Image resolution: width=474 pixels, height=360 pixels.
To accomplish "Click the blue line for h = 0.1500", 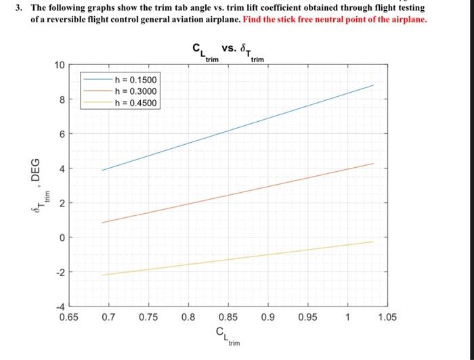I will click(237, 128).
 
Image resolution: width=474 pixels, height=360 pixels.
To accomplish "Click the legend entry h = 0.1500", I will click(136, 80).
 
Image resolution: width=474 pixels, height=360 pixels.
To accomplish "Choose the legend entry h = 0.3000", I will click(136, 91).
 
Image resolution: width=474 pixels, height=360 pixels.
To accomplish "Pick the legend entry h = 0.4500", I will click(136, 103).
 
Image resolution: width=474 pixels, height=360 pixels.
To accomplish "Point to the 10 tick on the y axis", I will click(59, 66).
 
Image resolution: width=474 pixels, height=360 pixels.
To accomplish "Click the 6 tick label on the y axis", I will click(61, 134).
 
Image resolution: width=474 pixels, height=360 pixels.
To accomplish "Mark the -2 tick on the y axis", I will click(59, 272).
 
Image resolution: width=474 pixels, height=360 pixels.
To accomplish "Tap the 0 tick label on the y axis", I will click(61, 238).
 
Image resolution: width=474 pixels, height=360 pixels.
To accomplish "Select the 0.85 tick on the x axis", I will click(228, 315).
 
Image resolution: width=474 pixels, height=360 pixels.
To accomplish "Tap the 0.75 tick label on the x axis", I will click(148, 315).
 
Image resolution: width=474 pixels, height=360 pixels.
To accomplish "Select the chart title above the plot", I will click(228, 51).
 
